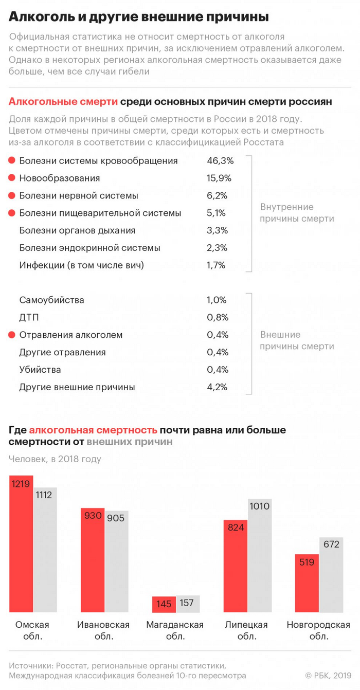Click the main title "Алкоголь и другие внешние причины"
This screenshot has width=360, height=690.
(138, 17)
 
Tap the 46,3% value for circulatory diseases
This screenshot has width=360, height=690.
(220, 161)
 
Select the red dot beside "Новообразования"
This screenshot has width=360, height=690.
(12, 178)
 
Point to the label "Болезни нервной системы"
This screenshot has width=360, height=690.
(78, 196)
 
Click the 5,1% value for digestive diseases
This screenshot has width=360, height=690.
(217, 213)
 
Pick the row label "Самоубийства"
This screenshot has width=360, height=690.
(51, 300)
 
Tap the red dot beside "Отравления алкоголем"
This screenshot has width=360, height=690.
(12, 335)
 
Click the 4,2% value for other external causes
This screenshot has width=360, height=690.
(217, 387)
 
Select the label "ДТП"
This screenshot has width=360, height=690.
(29, 317)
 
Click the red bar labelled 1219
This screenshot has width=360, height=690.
(21, 545)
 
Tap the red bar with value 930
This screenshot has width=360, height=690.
(93, 563)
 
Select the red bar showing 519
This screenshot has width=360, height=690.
(307, 584)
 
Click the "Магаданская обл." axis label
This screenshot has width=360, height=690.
(175, 630)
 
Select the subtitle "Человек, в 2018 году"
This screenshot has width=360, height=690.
(55, 459)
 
